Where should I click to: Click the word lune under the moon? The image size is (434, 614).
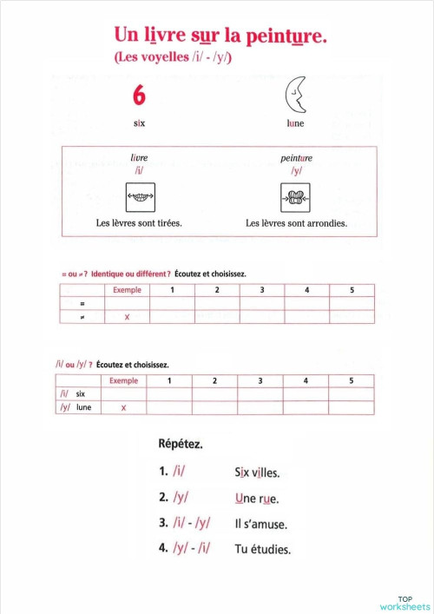coord(296,123)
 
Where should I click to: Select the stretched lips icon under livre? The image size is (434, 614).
coord(140,197)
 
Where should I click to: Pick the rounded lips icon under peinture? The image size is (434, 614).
coord(296,197)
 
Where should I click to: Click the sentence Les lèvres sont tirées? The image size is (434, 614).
coord(139,223)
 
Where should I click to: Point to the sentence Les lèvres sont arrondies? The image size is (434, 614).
coord(296,223)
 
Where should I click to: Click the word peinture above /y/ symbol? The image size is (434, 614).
coord(296,159)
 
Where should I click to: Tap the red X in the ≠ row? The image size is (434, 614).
coord(127,318)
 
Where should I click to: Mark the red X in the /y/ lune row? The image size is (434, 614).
coord(123,407)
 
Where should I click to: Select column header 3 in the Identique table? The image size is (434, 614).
coord(261,289)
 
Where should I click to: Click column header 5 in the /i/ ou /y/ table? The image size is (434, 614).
coord(351,380)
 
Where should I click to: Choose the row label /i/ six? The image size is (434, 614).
coord(73,393)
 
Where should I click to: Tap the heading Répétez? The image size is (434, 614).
coord(181,444)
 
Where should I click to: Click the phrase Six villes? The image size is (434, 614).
coord(257,473)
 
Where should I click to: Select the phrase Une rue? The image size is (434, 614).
coord(256,498)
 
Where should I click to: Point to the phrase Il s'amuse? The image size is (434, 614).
coord(261,524)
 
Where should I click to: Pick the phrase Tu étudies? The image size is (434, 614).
coord(263,549)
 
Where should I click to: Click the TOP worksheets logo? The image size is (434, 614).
coord(404,602)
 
